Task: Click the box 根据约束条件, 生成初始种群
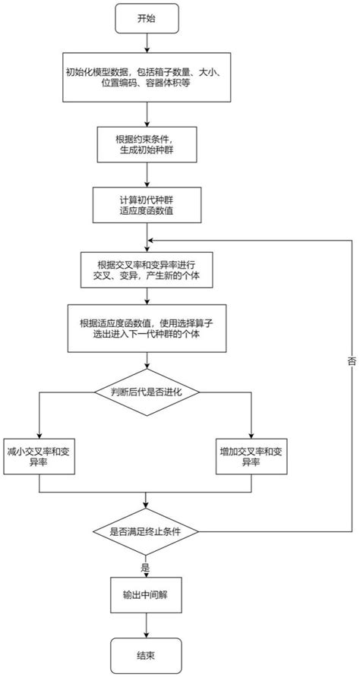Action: click(145, 143)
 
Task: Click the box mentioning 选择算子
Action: click(145, 328)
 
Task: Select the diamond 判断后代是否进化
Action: click(145, 392)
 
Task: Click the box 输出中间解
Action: click(145, 593)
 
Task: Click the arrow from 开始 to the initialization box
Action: click(145, 43)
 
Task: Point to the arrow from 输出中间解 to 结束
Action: click(145, 622)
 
